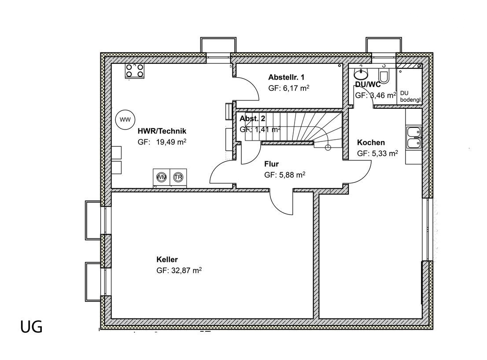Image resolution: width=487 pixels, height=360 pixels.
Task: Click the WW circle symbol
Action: pyautogui.click(x=125, y=119)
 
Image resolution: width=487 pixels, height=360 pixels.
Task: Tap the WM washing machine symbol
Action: pyautogui.click(x=162, y=177)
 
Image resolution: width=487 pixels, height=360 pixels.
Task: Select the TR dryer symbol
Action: pyautogui.click(x=178, y=177)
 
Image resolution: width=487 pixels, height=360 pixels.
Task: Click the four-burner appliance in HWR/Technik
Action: pyautogui.click(x=134, y=71)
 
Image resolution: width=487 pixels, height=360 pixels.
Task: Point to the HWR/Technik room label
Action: pyautogui.click(x=162, y=131)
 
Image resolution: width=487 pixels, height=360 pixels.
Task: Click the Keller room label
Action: pyautogui.click(x=167, y=259)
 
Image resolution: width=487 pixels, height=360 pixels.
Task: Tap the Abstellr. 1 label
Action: pyautogui.click(x=286, y=77)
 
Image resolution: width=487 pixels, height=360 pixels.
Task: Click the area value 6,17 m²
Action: pyautogui.click(x=296, y=88)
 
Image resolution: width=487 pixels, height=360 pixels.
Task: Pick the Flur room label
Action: pyautogui.click(x=271, y=164)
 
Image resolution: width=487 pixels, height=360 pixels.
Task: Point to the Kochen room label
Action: pyautogui.click(x=371, y=142)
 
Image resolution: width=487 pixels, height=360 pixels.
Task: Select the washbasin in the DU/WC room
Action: pyautogui.click(x=361, y=74)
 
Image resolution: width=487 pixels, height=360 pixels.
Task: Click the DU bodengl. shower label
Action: pyautogui.click(x=410, y=96)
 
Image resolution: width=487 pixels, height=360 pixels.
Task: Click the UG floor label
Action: pyautogui.click(x=31, y=327)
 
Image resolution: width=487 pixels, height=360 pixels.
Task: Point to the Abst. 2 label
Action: pyautogui.click(x=252, y=119)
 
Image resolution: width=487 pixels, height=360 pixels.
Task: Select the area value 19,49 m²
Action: pyautogui.click(x=171, y=142)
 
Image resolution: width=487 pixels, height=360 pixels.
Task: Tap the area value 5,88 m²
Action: pyautogui.click(x=291, y=175)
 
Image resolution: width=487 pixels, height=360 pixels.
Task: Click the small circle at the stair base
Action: pyautogui.click(x=328, y=147)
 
